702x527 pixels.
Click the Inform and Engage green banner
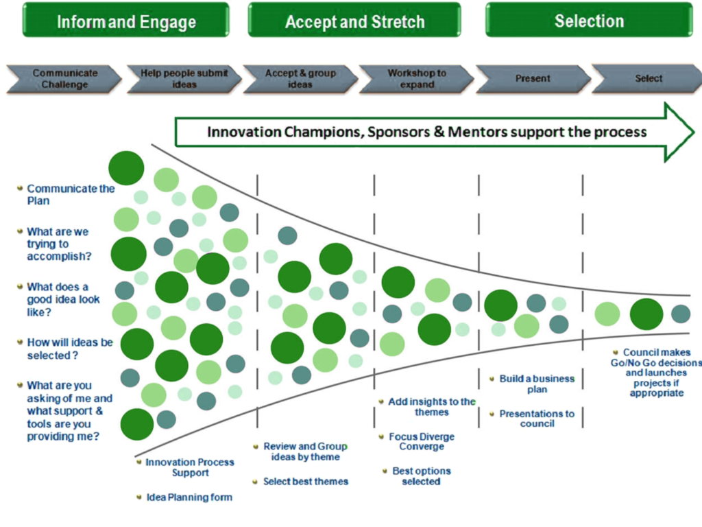pos(126,21)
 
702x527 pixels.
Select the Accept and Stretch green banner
pos(354,21)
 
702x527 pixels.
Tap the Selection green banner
pos(589,21)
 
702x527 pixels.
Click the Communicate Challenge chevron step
pos(64,79)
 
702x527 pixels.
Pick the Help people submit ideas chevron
pos(184,79)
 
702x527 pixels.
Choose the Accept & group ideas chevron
pos(300,79)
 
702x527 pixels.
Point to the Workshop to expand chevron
pos(416,79)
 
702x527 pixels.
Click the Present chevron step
pos(533,79)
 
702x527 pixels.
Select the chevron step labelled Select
pos(648,79)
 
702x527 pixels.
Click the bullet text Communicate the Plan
pos(70,195)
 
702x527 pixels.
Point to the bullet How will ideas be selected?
pos(69,349)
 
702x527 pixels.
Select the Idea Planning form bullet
pos(189,497)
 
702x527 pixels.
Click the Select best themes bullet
pos(305,482)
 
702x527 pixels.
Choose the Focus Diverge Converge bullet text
pos(421,441)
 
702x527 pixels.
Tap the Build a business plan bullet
pos(537,384)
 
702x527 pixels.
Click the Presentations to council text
pos(537,419)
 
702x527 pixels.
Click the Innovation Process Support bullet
pos(190,467)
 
